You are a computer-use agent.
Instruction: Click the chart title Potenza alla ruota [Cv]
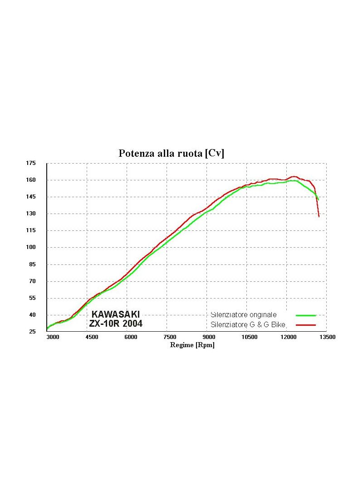point(171,153)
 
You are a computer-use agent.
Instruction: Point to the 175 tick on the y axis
point(31,163)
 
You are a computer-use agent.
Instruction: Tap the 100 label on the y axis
point(31,247)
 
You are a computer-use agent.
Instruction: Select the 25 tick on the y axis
point(33,332)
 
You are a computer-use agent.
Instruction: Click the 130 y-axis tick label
point(31,214)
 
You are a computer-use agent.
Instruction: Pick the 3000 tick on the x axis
point(53,337)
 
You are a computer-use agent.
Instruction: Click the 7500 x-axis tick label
point(170,337)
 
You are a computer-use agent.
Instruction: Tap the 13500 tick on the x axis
point(328,337)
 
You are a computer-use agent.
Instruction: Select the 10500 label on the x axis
point(250,337)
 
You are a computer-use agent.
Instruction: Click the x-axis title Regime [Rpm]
point(192,345)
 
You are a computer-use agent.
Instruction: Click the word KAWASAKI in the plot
point(116,314)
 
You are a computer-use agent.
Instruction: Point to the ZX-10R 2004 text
point(116,324)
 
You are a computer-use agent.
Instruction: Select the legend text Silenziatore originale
point(244,315)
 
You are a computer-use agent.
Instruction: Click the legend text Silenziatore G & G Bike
point(248,324)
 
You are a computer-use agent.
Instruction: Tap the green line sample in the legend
point(306,315)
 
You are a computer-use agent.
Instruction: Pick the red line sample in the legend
point(306,325)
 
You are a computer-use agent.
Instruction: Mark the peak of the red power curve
point(294,176)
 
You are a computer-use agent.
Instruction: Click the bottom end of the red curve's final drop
point(319,217)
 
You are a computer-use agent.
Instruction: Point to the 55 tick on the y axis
point(33,298)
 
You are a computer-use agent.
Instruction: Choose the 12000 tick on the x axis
point(289,337)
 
